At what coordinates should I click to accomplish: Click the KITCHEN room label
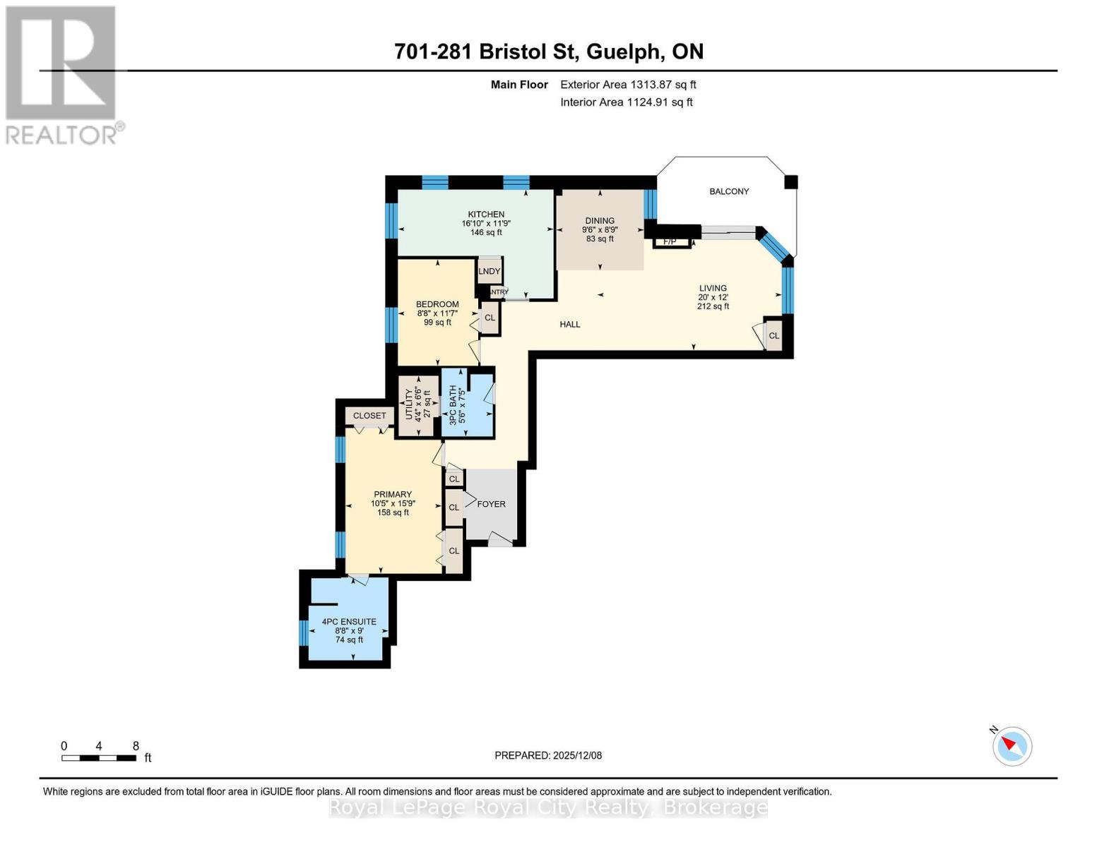tap(486, 215)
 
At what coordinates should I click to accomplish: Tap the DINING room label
tap(600, 221)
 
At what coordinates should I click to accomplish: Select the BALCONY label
tap(729, 191)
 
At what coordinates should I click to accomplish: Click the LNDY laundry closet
tap(490, 271)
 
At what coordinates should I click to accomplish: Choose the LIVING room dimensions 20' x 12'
tap(713, 297)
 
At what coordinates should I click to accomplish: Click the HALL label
tap(570, 325)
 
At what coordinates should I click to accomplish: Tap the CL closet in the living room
tap(774, 336)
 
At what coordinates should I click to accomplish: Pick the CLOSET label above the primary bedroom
tap(369, 416)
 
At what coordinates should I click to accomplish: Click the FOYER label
tap(491, 504)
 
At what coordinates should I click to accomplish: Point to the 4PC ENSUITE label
tap(349, 622)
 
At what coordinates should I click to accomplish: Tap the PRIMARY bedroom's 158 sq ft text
tap(393, 512)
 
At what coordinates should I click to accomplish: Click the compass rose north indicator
tap(1012, 745)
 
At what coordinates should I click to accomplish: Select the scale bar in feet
tap(99, 758)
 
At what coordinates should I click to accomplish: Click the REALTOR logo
tap(62, 75)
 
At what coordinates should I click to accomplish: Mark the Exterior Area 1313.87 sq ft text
tap(628, 85)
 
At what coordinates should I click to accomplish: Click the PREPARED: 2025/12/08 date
tap(548, 755)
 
